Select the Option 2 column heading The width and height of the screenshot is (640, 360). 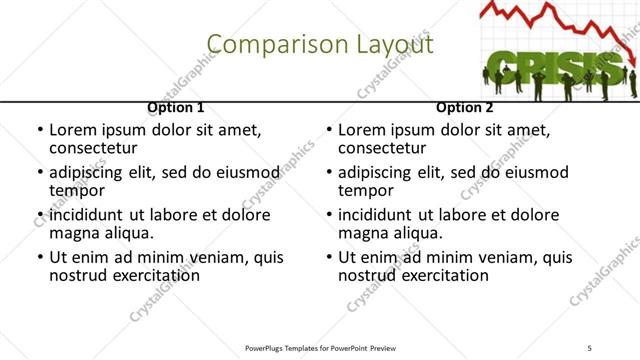point(464,107)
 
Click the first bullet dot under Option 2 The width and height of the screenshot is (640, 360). point(329,130)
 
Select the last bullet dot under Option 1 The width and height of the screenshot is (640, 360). point(40,257)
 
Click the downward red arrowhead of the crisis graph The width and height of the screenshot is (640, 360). point(632,62)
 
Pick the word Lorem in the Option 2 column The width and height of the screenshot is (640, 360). point(361,130)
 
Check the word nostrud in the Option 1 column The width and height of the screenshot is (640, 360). point(76,275)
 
